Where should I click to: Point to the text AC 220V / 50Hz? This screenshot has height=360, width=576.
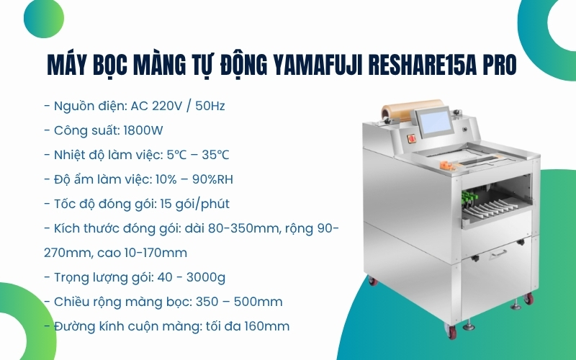[x=178, y=107]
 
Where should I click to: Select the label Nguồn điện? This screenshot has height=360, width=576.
[x=90, y=107]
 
